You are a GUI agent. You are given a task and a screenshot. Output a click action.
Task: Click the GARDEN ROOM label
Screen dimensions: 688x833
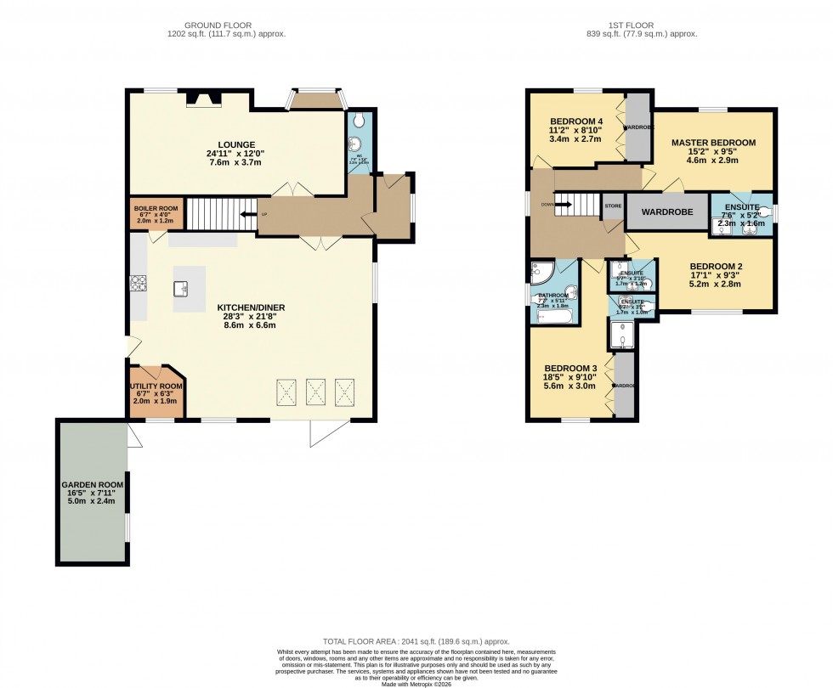coord(93,485)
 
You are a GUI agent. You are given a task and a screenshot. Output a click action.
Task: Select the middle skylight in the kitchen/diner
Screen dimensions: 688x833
coord(316,392)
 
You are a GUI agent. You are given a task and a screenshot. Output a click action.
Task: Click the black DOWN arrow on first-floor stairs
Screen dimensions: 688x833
coord(562,205)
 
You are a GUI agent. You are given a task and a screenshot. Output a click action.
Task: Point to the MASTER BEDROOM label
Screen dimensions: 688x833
coord(712,143)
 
